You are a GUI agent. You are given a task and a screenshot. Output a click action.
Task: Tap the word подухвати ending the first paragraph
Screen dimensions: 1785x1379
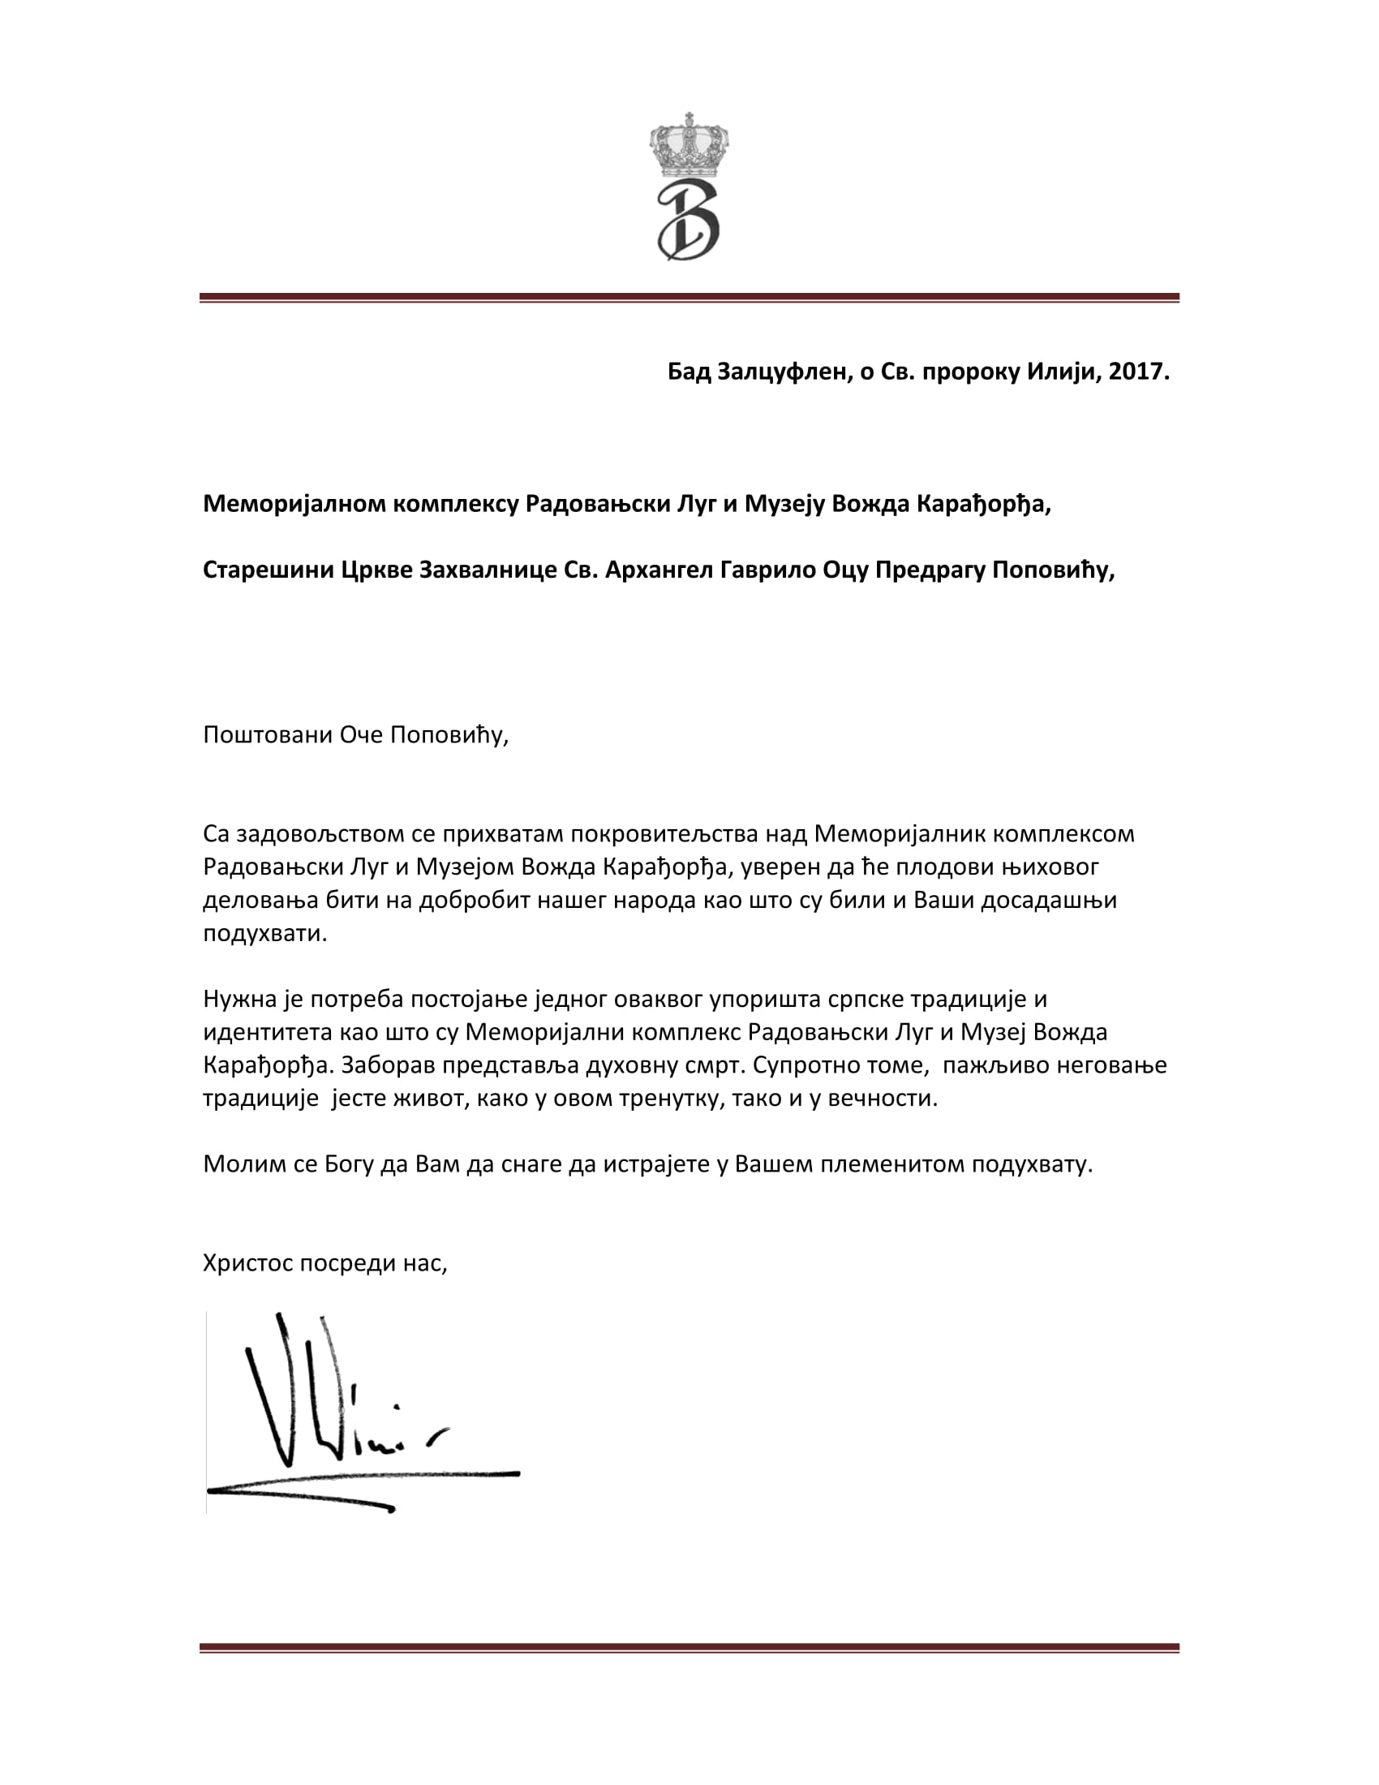pos(264,932)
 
